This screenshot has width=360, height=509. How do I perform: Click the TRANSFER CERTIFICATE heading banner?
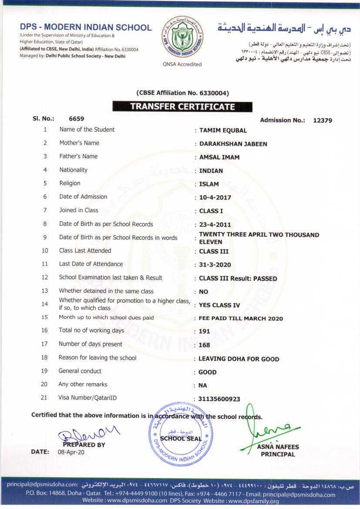pos(182,107)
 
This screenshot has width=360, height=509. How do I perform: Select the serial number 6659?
pos(77,118)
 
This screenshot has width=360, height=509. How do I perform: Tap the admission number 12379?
pos(323,121)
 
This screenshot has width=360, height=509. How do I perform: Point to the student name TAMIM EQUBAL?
pos(223,131)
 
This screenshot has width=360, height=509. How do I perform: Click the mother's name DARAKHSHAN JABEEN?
pos(233,144)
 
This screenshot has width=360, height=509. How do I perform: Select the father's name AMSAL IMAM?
pos(219,157)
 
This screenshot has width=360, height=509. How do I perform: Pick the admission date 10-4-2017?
pos(215,198)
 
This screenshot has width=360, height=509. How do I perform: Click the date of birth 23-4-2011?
pos(215,225)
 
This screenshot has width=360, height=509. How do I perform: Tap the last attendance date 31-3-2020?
pos(215,265)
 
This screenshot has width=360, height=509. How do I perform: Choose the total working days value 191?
pos(204,331)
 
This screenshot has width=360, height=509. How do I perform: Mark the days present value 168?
pos(204,345)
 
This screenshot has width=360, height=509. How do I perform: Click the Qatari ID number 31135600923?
pos(219,399)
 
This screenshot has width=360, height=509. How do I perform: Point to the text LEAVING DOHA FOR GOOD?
pos(239,359)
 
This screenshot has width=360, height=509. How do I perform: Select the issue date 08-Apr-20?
pos(71,452)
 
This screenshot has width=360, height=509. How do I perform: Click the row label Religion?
pos(70,183)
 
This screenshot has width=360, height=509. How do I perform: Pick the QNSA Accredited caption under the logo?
pos(182,64)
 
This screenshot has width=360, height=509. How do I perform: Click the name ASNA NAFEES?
pos(278,447)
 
